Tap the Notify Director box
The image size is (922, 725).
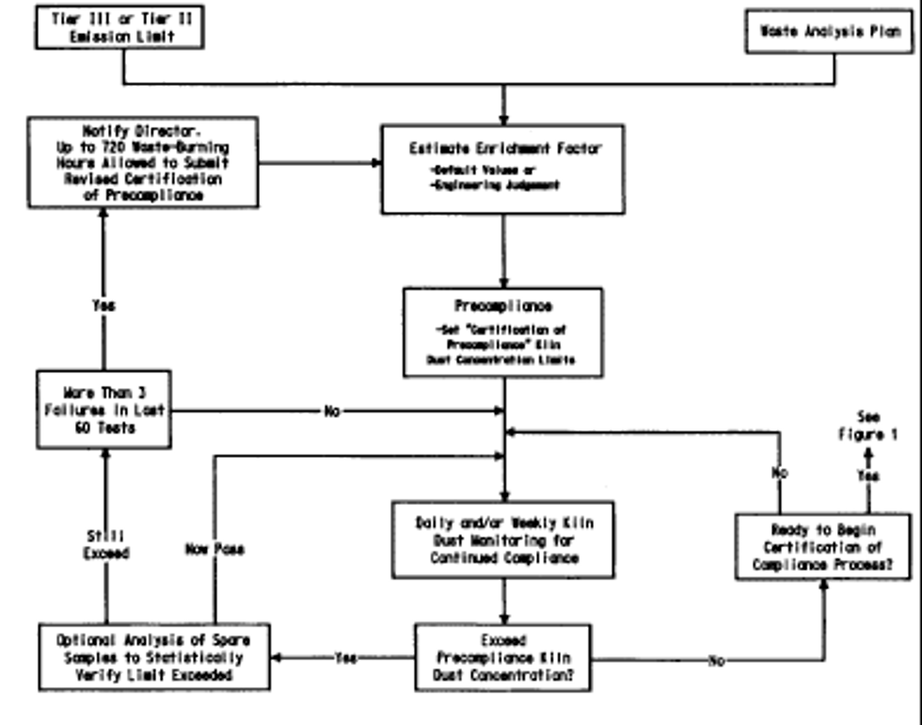pyautogui.click(x=143, y=162)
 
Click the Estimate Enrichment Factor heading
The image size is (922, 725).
pyautogui.click(x=505, y=149)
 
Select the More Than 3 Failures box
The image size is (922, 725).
pyautogui.click(x=104, y=410)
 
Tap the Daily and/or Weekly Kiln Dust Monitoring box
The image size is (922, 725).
pyautogui.click(x=503, y=540)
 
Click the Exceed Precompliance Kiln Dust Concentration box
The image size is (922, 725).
pyautogui.click(x=503, y=657)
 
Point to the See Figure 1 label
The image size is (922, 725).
pyautogui.click(x=868, y=425)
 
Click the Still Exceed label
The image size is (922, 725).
pyautogui.click(x=105, y=544)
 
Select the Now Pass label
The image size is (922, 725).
pyautogui.click(x=215, y=549)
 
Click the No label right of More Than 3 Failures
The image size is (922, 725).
pyautogui.click(x=332, y=411)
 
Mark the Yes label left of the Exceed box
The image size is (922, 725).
pyautogui.click(x=346, y=658)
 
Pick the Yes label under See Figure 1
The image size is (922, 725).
pyautogui.click(x=868, y=476)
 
